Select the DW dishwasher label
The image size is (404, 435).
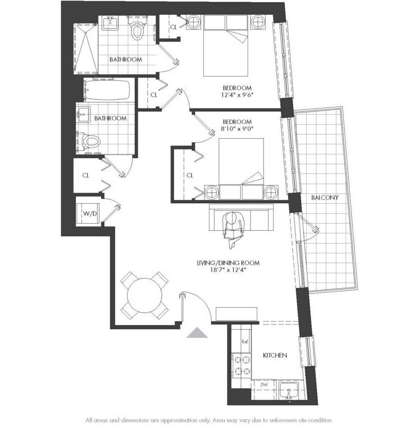(x=264, y=384)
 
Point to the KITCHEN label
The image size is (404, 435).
(x=274, y=355)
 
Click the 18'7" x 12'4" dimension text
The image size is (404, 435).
(x=228, y=270)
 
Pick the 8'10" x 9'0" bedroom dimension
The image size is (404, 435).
(x=237, y=129)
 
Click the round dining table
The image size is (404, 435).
(x=145, y=295)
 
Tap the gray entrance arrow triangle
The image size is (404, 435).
(x=197, y=333)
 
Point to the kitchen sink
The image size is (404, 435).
(x=288, y=389)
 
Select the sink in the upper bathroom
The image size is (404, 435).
(x=110, y=23)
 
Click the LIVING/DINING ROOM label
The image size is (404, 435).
(x=228, y=263)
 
